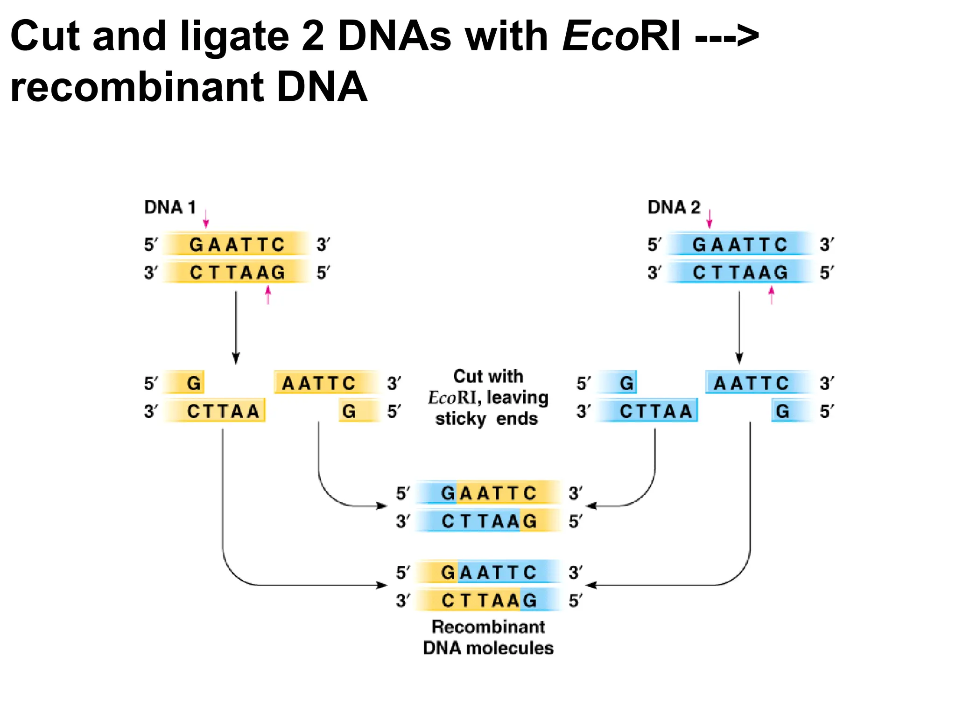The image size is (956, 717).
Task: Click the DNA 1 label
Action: (169, 207)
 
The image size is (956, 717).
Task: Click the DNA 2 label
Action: (674, 207)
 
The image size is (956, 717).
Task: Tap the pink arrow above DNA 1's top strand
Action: (206, 218)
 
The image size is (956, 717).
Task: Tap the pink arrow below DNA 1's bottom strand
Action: (268, 295)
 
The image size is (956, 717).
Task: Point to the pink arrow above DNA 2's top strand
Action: (709, 218)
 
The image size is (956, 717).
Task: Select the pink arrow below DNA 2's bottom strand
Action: (771, 295)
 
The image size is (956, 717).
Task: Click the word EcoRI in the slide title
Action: (621, 36)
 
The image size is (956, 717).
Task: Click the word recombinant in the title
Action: (135, 87)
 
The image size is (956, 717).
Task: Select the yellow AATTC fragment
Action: (319, 383)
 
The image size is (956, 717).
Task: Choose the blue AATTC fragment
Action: (752, 383)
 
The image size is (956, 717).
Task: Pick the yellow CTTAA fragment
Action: (223, 411)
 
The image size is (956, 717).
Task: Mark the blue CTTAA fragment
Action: (655, 411)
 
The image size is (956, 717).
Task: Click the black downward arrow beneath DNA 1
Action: (236, 327)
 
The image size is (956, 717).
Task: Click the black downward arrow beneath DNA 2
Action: (739, 327)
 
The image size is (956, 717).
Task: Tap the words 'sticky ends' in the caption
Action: (486, 419)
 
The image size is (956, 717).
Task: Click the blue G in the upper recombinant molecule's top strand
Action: (448, 493)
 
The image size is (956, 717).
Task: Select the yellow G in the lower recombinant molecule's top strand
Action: (448, 572)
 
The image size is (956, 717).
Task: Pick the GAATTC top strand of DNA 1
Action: (237, 244)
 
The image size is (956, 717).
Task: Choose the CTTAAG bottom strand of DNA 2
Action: (740, 272)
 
